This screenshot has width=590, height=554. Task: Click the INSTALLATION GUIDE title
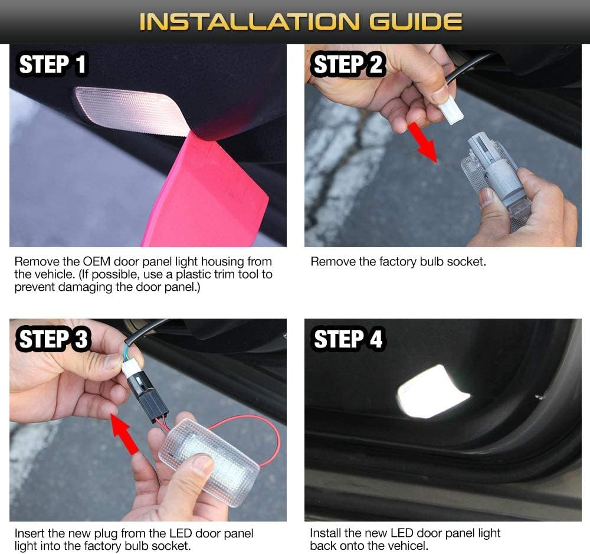coord(300,22)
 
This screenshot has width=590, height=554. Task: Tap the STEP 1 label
coord(53,64)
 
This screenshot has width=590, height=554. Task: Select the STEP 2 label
coord(348,64)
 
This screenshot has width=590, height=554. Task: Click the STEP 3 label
coord(53,340)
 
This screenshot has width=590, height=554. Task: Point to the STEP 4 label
coord(348,340)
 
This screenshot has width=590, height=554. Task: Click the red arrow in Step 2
coord(426,141)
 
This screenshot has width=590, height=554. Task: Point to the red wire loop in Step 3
coord(260,437)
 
